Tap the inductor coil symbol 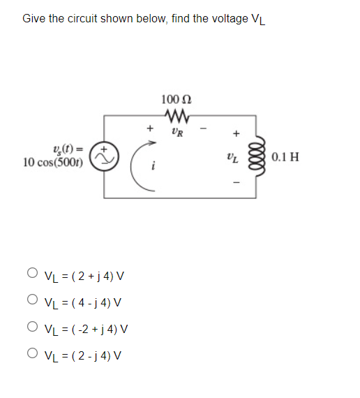tap(260, 157)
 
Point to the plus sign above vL tap(236, 132)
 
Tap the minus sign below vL tap(236, 184)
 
